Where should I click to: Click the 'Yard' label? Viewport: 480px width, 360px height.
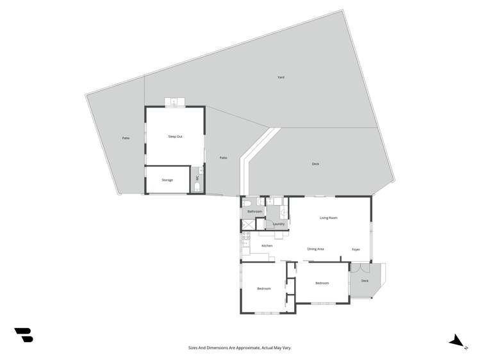281,78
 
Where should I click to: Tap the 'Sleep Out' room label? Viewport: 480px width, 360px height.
175,136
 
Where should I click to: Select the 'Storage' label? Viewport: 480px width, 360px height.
167,180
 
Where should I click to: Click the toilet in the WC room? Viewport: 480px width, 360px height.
197,187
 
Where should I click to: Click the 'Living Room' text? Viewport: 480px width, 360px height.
329,218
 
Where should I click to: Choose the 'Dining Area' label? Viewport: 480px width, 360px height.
315,249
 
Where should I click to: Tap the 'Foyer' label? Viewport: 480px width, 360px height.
356,249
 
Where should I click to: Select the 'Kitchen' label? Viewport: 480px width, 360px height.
267,245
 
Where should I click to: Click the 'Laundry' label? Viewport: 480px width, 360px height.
278,224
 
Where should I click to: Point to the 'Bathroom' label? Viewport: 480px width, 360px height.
255,211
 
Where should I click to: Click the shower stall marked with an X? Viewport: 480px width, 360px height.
247,224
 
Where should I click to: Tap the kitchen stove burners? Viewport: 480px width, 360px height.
245,236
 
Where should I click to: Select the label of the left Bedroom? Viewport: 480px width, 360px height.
264,289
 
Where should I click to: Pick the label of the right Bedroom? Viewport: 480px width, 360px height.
322,283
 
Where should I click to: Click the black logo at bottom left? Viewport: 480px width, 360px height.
24,334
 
